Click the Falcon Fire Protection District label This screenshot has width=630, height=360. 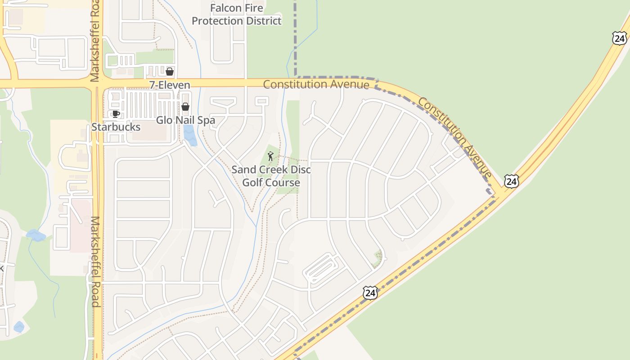pos(237,14)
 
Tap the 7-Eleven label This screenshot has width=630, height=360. pos(170,85)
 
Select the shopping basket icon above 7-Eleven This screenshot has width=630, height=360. pos(170,72)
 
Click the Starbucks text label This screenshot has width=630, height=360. pos(116,127)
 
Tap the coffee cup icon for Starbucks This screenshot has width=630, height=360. pos(116,114)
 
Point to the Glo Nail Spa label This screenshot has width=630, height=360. pos(185,120)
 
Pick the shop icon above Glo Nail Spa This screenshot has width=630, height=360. pos(185,107)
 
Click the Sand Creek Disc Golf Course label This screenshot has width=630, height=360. pos(271,176)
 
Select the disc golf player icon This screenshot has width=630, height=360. pos(270,157)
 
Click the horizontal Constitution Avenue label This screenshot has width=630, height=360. pos(316,84)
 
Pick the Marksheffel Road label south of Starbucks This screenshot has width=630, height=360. pos(95,261)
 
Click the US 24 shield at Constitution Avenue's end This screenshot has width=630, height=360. pos(511,181)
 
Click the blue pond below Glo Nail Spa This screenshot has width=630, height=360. pos(190,135)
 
